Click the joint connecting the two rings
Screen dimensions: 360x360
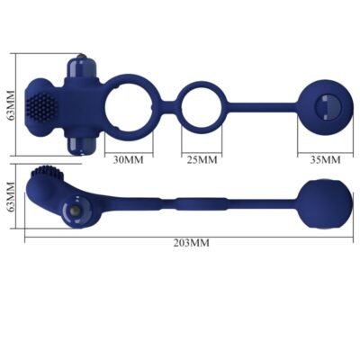click(x=169, y=104)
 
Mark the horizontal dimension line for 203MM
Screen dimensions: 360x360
click(x=270, y=237)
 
